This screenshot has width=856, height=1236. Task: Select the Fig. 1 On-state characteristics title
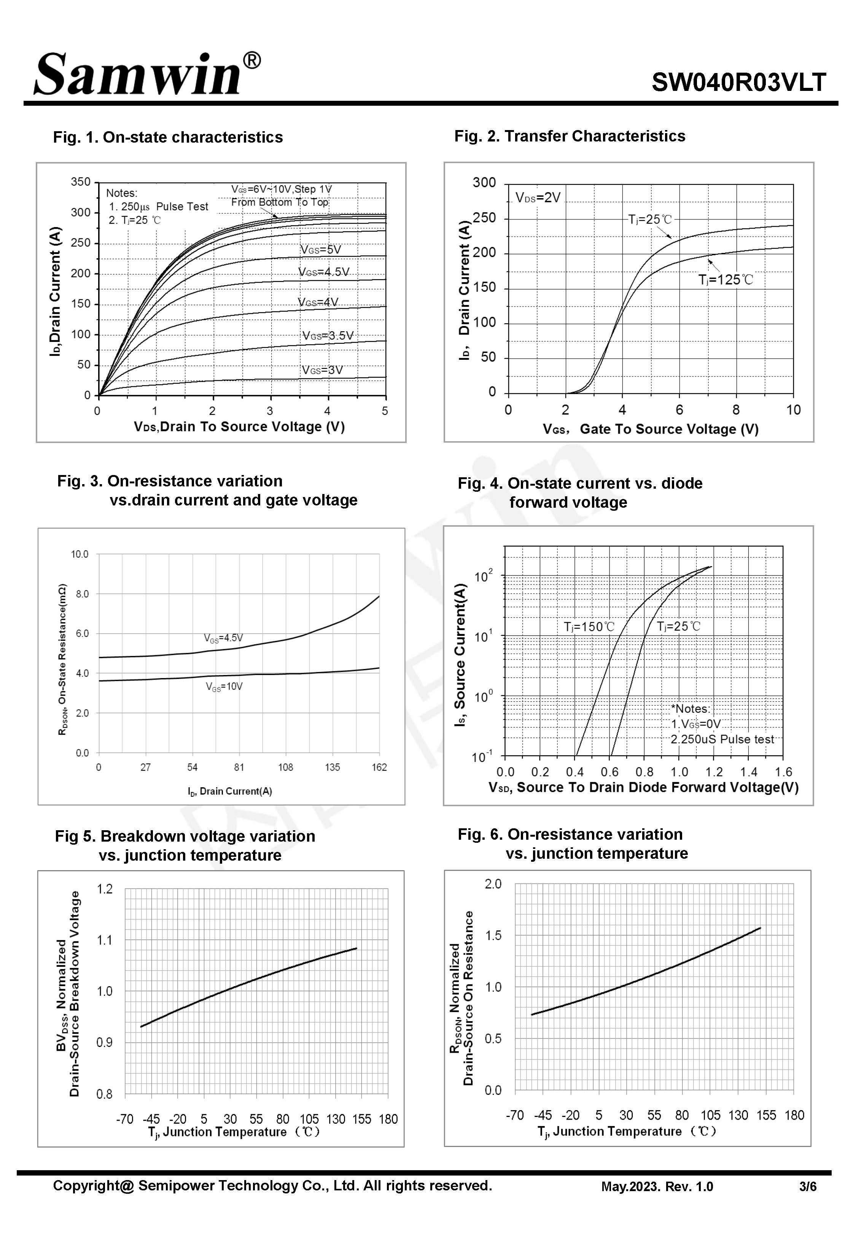click(168, 137)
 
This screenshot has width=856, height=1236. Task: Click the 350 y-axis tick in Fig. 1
click(81, 182)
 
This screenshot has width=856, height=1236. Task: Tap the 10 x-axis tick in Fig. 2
click(793, 410)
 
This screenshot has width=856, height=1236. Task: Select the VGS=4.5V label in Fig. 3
click(223, 638)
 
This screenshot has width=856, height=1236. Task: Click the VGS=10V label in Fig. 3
click(224, 686)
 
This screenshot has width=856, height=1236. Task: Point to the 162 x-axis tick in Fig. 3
click(379, 767)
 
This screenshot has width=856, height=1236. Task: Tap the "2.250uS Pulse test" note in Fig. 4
click(722, 739)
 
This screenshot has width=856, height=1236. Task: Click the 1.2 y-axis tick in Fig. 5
click(105, 889)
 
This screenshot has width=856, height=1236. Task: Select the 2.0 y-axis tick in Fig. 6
click(493, 884)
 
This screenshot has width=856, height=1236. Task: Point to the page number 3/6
click(808, 1187)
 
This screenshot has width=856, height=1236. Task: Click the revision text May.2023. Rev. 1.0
click(657, 1187)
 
